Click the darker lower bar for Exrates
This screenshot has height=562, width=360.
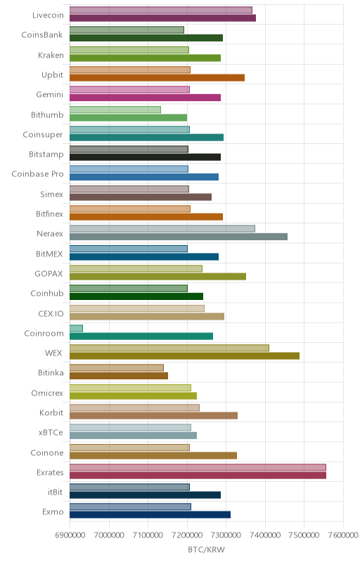click(198, 476)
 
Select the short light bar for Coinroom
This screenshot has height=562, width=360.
click(76, 328)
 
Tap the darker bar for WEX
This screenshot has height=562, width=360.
click(184, 356)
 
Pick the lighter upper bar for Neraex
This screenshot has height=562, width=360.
click(162, 229)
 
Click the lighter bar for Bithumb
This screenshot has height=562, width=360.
click(115, 110)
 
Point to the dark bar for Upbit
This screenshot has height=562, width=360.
click(157, 78)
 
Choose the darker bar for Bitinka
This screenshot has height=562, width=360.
click(119, 376)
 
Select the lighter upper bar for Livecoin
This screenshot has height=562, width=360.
click(160, 10)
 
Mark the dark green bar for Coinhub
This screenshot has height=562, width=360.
click(136, 296)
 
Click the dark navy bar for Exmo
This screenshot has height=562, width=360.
click(150, 515)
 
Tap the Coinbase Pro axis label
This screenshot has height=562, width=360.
click(38, 174)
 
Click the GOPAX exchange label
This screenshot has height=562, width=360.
click(49, 273)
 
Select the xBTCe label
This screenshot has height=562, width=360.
click(51, 433)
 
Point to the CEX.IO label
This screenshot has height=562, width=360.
click(51, 313)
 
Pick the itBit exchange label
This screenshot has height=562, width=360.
click(56, 492)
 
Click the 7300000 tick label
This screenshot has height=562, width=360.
click(226, 535)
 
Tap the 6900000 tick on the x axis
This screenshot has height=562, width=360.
click(70, 535)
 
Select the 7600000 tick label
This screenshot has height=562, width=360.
click(343, 535)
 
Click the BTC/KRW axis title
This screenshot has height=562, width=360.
click(206, 550)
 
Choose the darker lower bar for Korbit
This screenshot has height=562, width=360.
click(153, 415)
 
